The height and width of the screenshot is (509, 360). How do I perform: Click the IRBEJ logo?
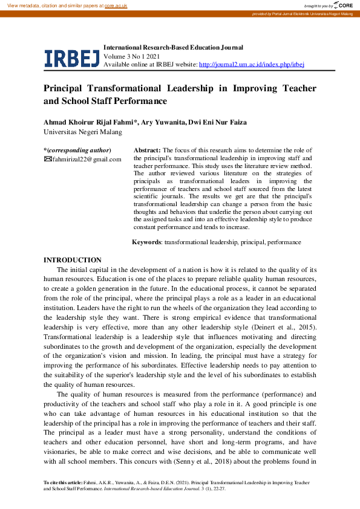pos(71,57)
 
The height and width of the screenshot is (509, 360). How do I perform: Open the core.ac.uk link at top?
pos(116,5)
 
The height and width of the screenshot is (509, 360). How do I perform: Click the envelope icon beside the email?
pos(48,159)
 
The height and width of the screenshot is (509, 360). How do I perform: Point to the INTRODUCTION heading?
pos(73,259)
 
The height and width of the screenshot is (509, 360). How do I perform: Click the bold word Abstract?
pos(147,150)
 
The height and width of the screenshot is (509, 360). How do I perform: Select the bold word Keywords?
pos(146,242)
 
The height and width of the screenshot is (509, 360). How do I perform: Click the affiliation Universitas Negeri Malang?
pos(83,132)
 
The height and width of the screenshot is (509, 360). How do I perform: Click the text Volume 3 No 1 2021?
pos(133,56)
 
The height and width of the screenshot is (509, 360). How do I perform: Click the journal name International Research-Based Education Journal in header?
pos(174,47)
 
